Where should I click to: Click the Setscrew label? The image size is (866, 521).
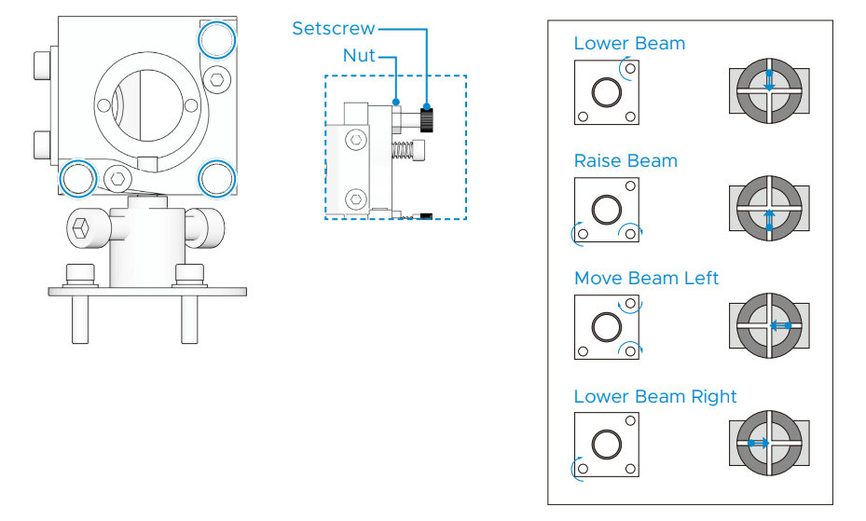333,28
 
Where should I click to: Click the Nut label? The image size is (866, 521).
359,55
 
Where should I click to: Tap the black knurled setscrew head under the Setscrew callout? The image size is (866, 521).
426,119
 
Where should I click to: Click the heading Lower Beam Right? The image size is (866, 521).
655,396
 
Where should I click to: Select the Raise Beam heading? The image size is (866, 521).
625,160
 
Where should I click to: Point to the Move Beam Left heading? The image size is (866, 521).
646,278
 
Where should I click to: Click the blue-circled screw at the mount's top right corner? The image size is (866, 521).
217,40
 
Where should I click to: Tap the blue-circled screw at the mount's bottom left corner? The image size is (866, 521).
78,179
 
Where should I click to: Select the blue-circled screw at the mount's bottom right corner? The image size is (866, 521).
217,179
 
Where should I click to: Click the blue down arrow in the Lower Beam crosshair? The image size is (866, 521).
769,80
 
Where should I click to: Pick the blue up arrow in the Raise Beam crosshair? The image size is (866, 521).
769,219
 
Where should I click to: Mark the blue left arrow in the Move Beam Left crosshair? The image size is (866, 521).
780,325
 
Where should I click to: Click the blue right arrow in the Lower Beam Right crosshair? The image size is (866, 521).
758,443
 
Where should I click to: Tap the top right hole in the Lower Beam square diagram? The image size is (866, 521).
630,69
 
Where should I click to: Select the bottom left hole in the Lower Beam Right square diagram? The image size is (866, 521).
583,469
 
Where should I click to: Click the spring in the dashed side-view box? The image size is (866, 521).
402,149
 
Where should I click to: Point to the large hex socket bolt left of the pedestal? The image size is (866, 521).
82,228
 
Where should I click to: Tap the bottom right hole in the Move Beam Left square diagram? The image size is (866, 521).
630,351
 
